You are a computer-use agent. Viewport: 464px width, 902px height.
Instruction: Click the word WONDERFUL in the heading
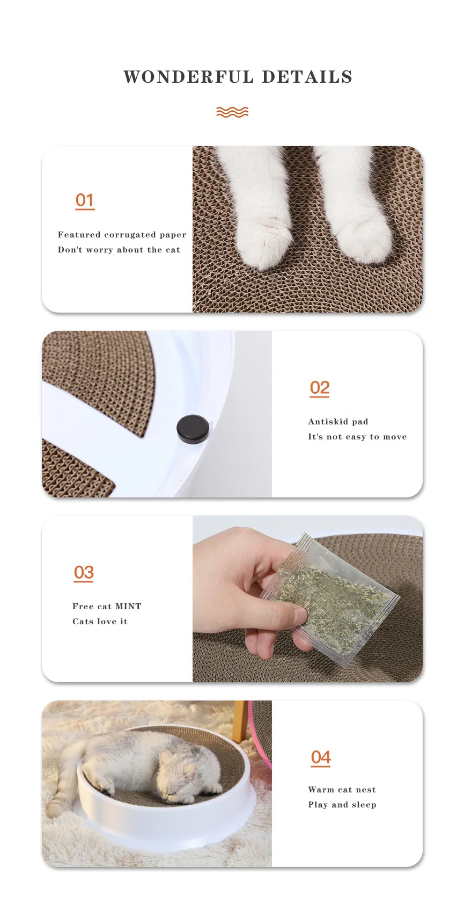189,77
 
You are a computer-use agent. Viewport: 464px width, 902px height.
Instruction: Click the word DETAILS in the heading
307,77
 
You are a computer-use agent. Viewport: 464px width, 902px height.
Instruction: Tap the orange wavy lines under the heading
232,112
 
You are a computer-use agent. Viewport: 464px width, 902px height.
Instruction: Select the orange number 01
84,201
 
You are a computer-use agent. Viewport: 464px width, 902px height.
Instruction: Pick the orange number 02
320,388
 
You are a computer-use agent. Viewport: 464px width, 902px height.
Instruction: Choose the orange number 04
320,758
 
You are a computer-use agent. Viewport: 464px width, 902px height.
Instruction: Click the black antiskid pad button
193,429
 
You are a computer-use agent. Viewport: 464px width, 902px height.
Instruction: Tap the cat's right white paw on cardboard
362,237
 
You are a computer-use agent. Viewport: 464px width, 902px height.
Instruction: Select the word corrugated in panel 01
130,235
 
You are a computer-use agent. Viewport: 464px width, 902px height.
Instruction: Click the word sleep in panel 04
364,805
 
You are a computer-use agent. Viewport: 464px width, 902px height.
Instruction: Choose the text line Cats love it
100,622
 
